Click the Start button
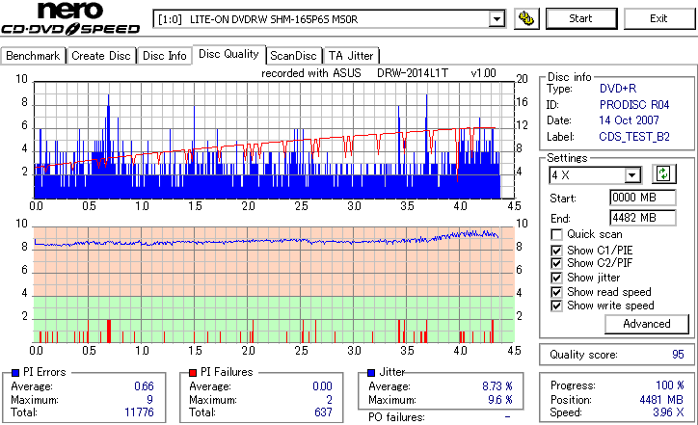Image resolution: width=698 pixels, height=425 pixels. [580, 18]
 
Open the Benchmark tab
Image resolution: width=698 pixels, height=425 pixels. [33, 56]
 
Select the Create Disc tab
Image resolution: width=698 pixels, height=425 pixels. [100, 56]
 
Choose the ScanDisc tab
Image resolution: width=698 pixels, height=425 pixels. [293, 56]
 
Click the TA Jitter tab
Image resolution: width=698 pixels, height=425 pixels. [351, 56]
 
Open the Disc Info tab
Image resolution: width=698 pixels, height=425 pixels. [164, 56]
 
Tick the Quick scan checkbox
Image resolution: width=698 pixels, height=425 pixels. [556, 234]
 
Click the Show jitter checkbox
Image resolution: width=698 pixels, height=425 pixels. [556, 278]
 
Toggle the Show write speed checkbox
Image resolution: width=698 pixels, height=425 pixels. [556, 305]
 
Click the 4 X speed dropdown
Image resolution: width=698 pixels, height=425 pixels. [594, 174]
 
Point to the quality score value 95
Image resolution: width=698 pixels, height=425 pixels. [677, 355]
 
